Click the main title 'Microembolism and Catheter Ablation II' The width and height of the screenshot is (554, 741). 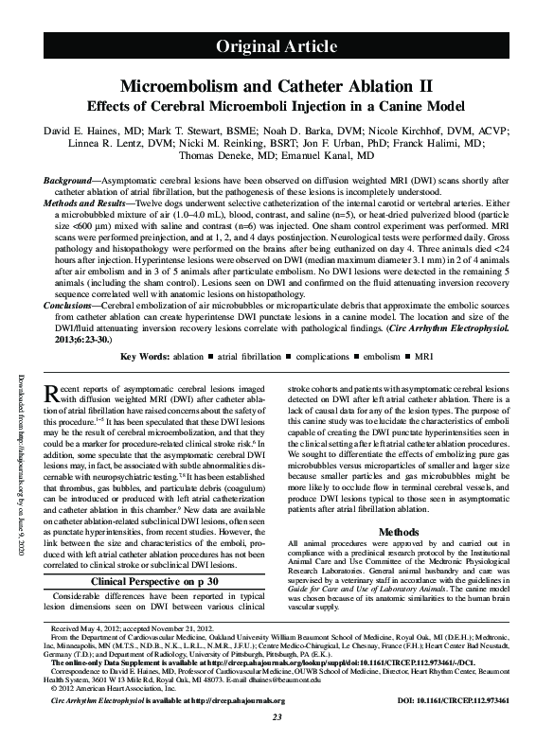[x=277, y=85]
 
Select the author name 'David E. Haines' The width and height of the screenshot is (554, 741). [x=80, y=126]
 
